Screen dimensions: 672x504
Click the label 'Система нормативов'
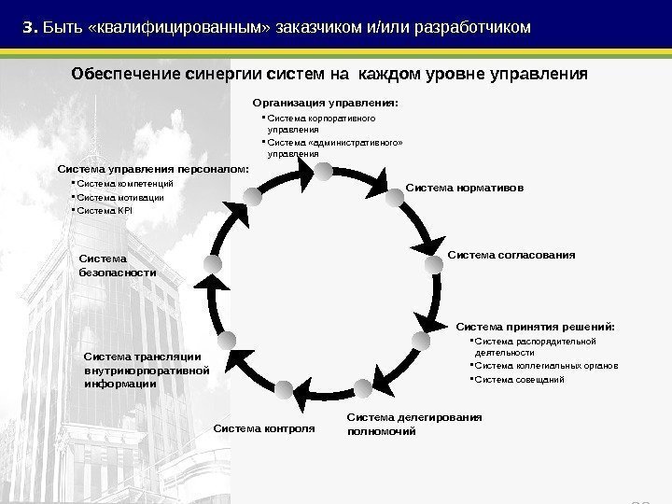point(465,189)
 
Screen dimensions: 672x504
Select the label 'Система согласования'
point(511,254)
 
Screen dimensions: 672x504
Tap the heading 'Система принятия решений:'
point(535,327)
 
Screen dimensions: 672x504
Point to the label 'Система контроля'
point(265,428)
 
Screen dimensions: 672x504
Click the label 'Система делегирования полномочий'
point(413,425)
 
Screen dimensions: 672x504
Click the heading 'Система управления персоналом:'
point(154,169)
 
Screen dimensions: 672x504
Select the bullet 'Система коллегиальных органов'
point(545,367)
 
